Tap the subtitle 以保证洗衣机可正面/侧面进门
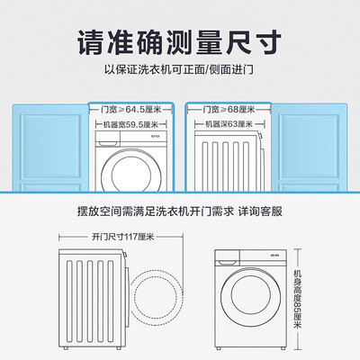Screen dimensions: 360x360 (179, 70)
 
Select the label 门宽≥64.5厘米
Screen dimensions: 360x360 (131, 109)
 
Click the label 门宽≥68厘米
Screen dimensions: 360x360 (229, 109)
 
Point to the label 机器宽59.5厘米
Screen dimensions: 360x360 (130, 124)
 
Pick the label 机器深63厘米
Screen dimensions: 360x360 (229, 124)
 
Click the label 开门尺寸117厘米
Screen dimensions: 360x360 (122, 237)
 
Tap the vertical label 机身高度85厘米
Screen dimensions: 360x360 (297, 299)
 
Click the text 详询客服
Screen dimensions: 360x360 (260, 211)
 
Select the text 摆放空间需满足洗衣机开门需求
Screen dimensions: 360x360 (155, 211)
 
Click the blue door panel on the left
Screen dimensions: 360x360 (50, 148)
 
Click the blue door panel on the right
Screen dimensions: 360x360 (310, 148)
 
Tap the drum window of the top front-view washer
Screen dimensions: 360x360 (131, 174)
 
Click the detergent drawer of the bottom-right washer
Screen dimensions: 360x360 (227, 258)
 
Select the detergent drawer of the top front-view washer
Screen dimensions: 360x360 (108, 139)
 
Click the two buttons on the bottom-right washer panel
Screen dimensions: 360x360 (274, 256)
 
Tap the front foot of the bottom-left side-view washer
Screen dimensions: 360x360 (119, 348)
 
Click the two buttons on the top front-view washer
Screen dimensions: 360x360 (155, 136)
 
